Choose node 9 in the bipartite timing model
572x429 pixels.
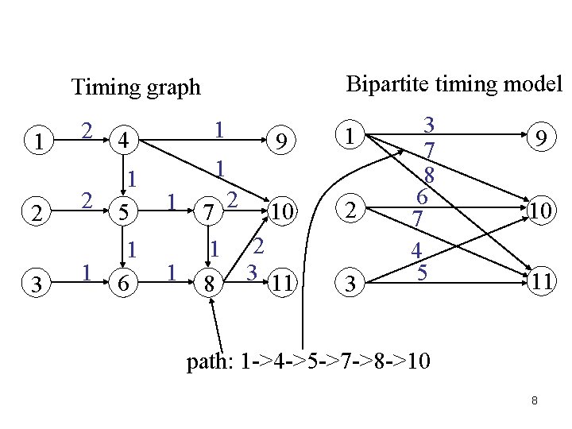(x=539, y=138)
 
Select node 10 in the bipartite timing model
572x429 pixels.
(x=539, y=209)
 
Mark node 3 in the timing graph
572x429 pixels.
(x=35, y=281)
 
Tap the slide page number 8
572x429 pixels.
(x=535, y=401)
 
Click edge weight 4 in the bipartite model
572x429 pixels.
(x=416, y=249)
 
